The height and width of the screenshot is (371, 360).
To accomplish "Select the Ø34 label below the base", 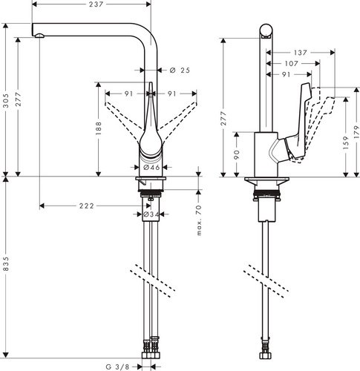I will (x=151, y=215).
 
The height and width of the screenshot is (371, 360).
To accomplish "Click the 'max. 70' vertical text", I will (x=198, y=220).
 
